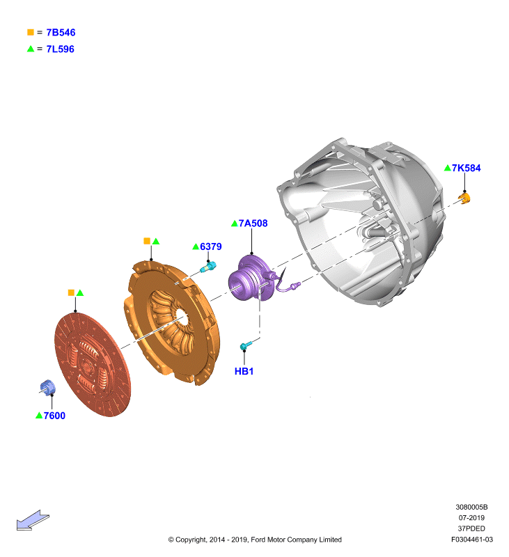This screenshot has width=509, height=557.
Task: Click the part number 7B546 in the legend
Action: pos(61,33)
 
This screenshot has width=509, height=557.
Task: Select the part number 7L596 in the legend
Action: pos(61,49)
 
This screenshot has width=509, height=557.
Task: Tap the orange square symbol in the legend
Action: pos(31,32)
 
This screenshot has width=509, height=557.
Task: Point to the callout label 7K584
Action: pos(466,168)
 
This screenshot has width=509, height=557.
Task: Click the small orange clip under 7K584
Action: pos(464,198)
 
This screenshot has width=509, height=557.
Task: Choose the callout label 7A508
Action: pos(253,223)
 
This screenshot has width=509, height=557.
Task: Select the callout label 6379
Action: pos(211,246)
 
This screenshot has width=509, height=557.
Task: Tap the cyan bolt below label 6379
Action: pos(208,267)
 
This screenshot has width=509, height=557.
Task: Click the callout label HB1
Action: pos(244,372)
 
